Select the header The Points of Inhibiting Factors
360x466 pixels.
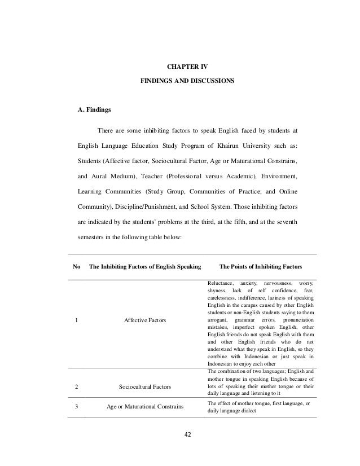pyautogui.click(x=260, y=266)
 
